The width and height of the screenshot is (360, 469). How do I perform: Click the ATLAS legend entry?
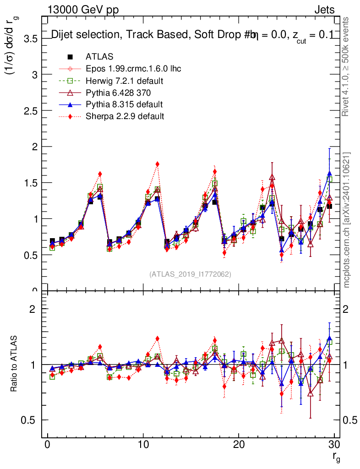point(99,57)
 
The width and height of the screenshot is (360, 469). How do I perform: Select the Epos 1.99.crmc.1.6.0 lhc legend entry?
point(133,69)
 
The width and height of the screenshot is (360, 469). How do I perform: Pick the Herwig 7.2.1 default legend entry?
point(125,81)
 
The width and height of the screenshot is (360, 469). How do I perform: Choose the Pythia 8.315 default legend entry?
point(124,104)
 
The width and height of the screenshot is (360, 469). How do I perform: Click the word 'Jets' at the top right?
point(324,10)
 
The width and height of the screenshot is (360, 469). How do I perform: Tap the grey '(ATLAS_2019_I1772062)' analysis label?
point(190,274)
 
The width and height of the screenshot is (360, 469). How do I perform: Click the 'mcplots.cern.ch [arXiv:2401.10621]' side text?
point(347,220)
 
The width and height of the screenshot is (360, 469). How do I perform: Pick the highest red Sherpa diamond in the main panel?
point(157,164)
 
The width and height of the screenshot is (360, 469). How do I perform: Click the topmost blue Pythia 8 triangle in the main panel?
point(330,174)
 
